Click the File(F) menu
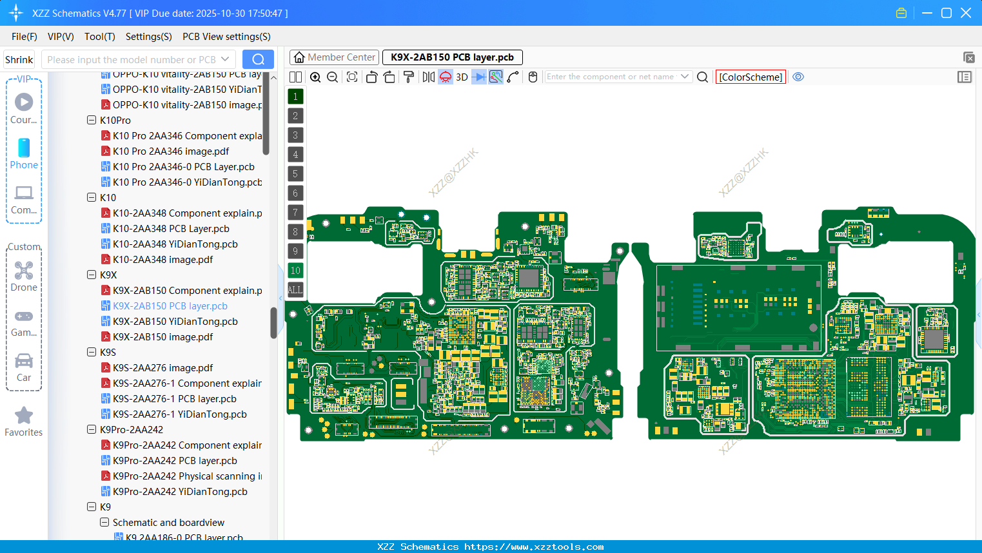click(24, 37)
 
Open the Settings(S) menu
click(148, 37)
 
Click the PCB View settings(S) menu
click(226, 37)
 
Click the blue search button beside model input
click(258, 59)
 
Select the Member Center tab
click(334, 57)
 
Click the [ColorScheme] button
click(751, 77)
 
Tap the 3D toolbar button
click(462, 77)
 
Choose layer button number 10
click(295, 271)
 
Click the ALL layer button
click(295, 290)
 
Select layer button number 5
click(295, 174)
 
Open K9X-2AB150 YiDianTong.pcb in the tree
click(175, 322)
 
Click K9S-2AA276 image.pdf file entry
click(162, 368)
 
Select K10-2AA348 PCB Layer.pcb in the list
click(171, 229)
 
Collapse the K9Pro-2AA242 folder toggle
click(92, 429)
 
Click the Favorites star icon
click(24, 416)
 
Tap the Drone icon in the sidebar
click(24, 271)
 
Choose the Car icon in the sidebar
click(24, 361)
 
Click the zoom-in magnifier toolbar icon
click(315, 77)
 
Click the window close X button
click(966, 13)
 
